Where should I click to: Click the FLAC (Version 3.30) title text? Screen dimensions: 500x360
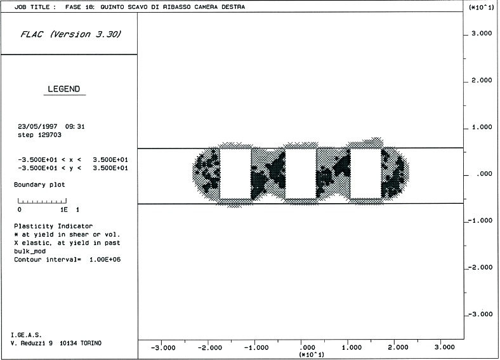[x=71, y=34]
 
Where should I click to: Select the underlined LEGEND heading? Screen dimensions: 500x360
[x=64, y=89]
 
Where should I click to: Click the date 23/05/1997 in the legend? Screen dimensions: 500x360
[x=37, y=127]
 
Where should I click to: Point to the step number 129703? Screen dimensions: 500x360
[x=49, y=135]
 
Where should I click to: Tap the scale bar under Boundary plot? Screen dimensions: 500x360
[x=42, y=201]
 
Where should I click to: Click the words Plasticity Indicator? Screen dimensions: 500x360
[x=53, y=226]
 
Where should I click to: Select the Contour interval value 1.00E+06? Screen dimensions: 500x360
[x=105, y=260]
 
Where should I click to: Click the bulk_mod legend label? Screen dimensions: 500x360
[x=30, y=251]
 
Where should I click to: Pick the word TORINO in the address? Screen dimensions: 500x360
[x=91, y=343]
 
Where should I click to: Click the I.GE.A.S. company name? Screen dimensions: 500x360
[x=26, y=335]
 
